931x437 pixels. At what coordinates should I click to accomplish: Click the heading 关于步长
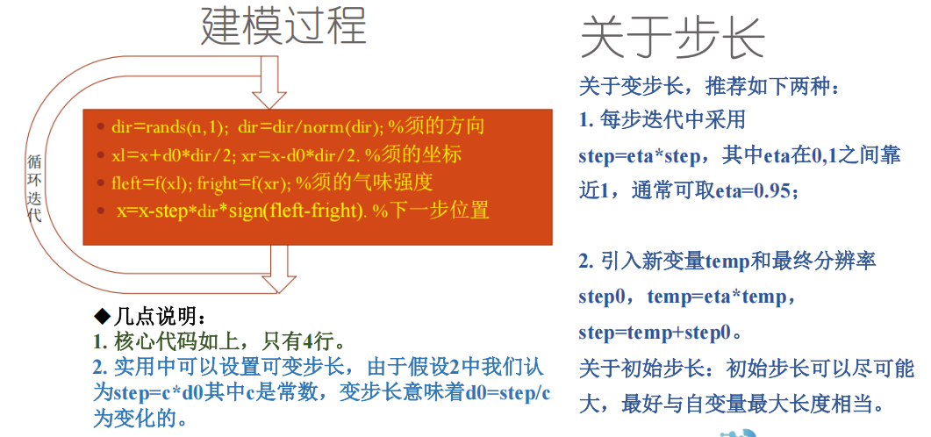point(672,39)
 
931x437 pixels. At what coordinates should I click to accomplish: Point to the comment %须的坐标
point(413,154)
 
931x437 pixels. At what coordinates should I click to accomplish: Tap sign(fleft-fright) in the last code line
point(293,211)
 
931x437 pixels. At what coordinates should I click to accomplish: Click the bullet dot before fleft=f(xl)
point(101,184)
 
